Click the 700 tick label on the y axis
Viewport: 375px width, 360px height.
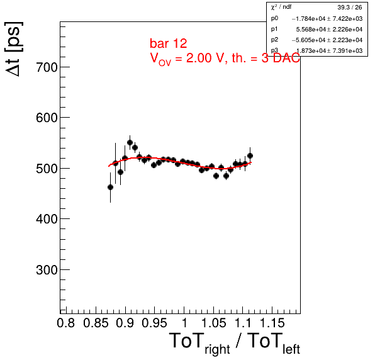coord(47,67)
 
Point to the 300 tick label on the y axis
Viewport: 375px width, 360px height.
coord(47,270)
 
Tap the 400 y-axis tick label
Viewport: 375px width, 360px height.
coord(47,219)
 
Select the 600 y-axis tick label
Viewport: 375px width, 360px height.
coord(47,118)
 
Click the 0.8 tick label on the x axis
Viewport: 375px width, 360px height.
coord(66,323)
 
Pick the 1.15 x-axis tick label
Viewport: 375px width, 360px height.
coord(272,323)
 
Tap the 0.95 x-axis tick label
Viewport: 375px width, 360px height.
coord(154,323)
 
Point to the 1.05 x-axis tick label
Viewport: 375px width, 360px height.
coord(213,323)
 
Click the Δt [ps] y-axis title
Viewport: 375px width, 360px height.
coord(14,49)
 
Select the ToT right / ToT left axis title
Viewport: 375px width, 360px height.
coord(234,343)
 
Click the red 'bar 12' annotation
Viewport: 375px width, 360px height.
coord(169,43)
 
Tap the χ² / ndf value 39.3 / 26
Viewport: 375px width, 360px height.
coord(350,8)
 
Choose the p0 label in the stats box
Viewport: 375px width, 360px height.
coord(274,18)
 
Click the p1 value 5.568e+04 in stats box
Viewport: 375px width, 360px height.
coord(311,29)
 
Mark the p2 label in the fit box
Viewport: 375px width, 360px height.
coord(274,40)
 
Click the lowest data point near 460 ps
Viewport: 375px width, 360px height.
coord(110,188)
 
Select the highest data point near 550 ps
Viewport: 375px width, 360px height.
coord(130,143)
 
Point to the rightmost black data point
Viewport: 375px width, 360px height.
coord(250,155)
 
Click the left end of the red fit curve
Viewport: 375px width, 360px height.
coord(109,166)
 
